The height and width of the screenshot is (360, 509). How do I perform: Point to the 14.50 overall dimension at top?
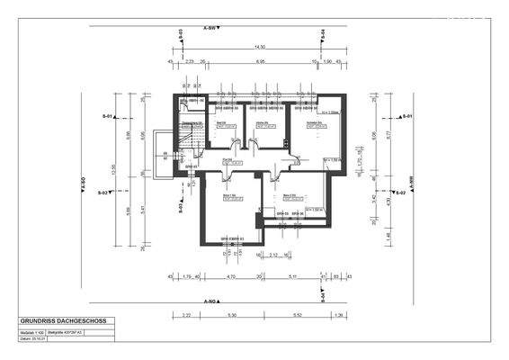259,46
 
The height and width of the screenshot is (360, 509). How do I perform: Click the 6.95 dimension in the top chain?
260,61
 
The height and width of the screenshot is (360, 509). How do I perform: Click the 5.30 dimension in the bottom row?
232,314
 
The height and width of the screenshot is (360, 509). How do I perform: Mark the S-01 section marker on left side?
106,117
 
